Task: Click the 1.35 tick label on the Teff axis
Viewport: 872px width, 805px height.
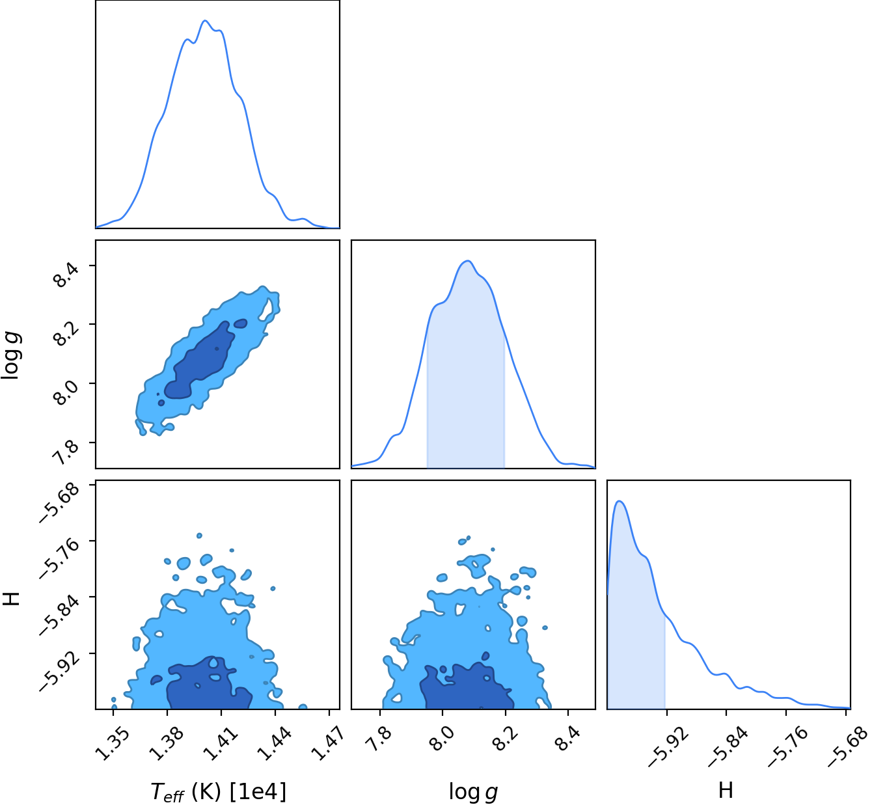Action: click(113, 744)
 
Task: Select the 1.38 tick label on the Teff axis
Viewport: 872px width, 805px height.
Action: click(167, 744)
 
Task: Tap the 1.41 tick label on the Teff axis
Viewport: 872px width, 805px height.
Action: click(221, 744)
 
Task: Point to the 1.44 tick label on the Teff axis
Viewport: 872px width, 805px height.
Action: click(275, 744)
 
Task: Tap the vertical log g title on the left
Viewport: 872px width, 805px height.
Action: click(10, 355)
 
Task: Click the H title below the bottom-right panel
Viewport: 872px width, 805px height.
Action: click(726, 789)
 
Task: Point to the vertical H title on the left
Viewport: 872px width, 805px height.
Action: click(11, 599)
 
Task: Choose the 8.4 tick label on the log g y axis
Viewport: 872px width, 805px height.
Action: click(66, 275)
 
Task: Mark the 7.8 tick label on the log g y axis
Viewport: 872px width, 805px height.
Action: click(66, 452)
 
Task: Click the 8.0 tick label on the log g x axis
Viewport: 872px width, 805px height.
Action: click(441, 741)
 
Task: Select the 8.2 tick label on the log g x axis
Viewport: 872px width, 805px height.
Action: click(504, 741)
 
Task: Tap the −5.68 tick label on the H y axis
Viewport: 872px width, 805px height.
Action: click(60, 503)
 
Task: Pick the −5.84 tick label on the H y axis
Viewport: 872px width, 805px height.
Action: click(60, 616)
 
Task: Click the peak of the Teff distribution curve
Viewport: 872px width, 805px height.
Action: click(205, 20)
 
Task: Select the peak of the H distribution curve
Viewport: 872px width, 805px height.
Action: click(619, 501)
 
